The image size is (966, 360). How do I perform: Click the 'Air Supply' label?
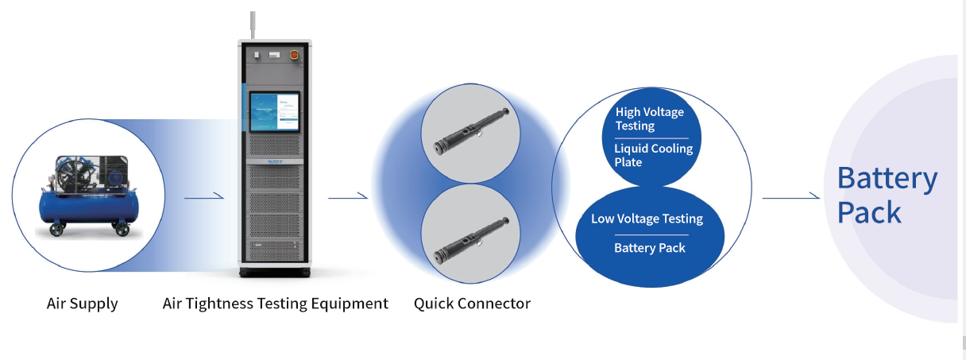pyautogui.click(x=82, y=304)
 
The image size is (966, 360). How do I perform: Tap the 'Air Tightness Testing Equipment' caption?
pyautogui.click(x=275, y=304)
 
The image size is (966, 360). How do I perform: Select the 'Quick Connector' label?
pyautogui.click(x=472, y=304)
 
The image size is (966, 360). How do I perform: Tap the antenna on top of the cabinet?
pyautogui.click(x=253, y=25)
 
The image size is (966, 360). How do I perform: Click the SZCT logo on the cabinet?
pyautogui.click(x=275, y=162)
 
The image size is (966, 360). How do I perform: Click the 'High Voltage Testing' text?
pyautogui.click(x=649, y=119)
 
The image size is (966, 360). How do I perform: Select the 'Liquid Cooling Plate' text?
pyautogui.click(x=653, y=155)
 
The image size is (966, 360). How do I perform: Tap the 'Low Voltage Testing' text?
pyautogui.click(x=647, y=219)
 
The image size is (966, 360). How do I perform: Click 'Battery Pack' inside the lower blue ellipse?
pyautogui.click(x=649, y=248)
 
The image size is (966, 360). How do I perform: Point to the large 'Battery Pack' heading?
pyautogui.click(x=887, y=195)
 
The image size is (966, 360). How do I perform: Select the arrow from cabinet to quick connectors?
pyautogui.click(x=348, y=197)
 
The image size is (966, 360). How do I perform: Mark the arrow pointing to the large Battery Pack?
pyautogui.click(x=790, y=197)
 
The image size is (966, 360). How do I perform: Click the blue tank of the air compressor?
pyautogui.click(x=88, y=208)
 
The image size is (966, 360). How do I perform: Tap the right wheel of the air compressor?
pyautogui.click(x=122, y=230)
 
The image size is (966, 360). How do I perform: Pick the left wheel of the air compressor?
pyautogui.click(x=56, y=231)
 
